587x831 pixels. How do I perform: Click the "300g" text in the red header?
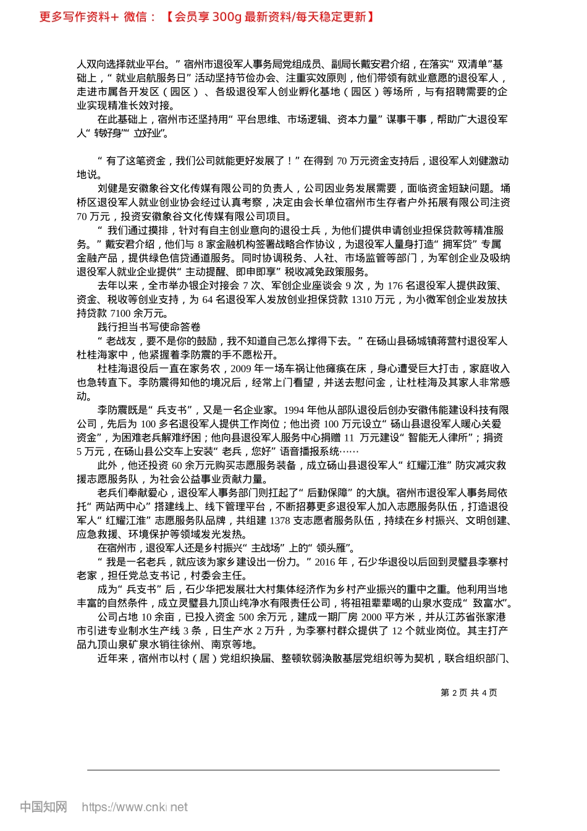[227, 17]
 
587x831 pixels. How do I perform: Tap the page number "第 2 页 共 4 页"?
[468, 692]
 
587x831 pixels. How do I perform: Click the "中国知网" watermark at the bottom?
[43, 807]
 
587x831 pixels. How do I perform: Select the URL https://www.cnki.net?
[135, 807]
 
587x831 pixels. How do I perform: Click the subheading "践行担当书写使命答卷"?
[149, 327]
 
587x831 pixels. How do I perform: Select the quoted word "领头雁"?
[334, 548]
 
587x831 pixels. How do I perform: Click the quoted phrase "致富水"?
[489, 603]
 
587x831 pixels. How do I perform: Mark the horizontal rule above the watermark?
[293, 770]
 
